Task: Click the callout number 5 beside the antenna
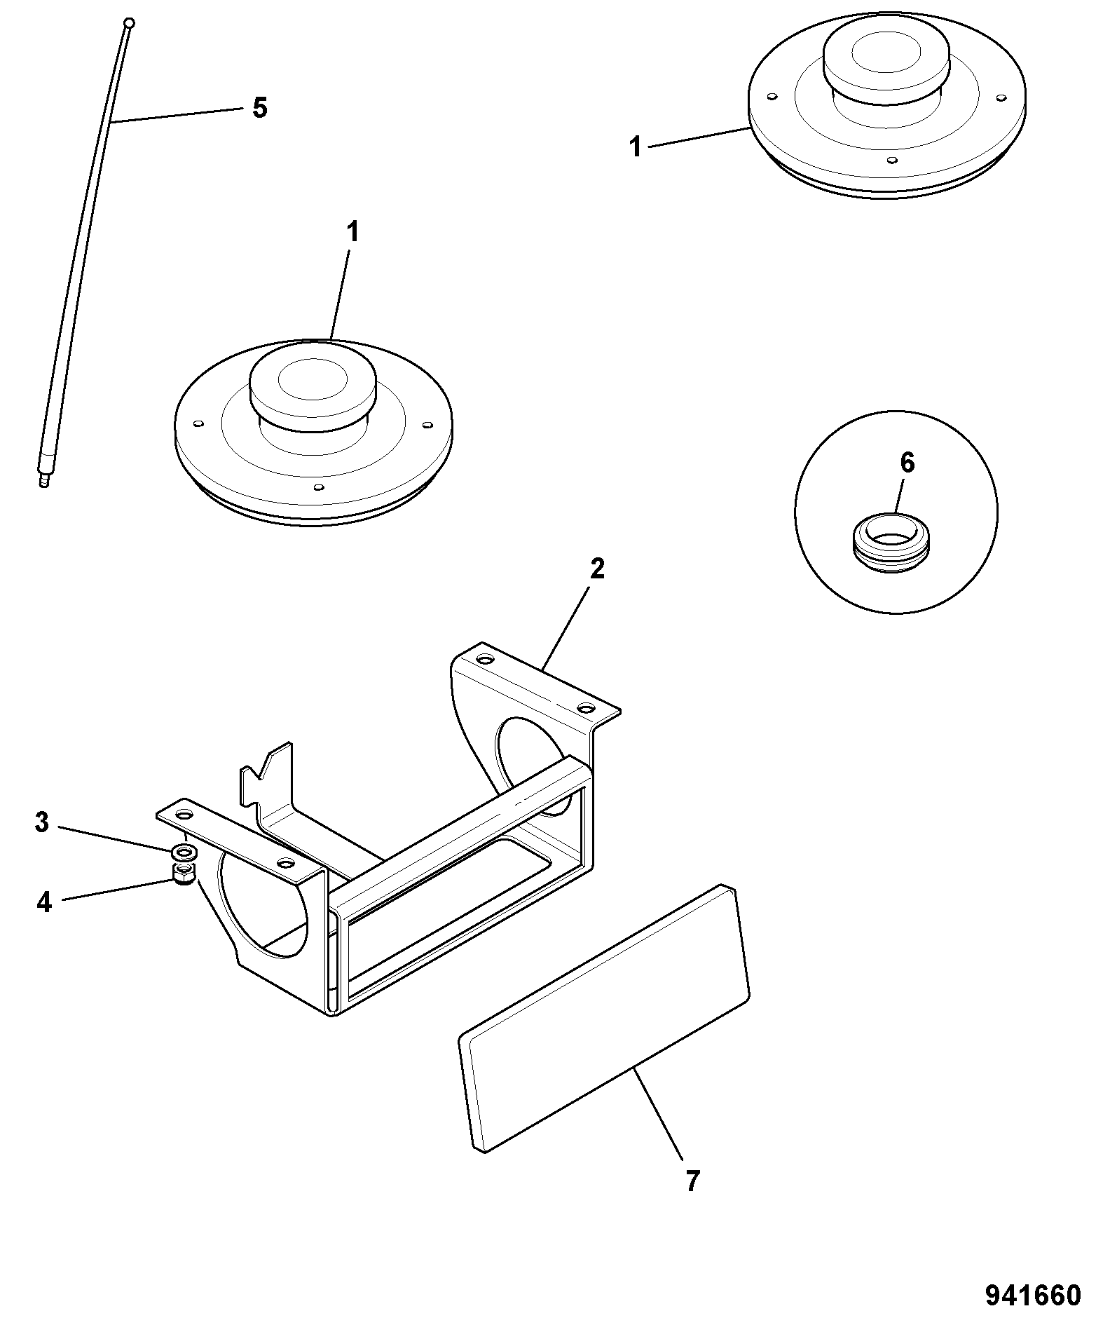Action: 259,108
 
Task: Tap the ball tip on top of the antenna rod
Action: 128,23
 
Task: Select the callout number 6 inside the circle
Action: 907,463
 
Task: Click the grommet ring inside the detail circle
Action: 888,541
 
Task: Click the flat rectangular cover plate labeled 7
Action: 604,1021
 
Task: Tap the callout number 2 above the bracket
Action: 596,569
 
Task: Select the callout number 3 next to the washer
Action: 43,822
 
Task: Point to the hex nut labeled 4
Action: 184,874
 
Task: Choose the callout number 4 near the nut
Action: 44,902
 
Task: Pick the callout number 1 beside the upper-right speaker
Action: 636,148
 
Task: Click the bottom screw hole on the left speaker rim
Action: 319,487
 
